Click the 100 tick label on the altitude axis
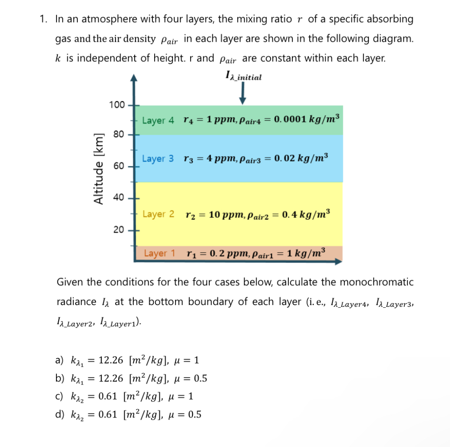117,105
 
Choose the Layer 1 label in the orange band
159,253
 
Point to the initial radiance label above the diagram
243,77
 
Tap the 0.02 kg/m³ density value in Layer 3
301,158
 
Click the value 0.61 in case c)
106,397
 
